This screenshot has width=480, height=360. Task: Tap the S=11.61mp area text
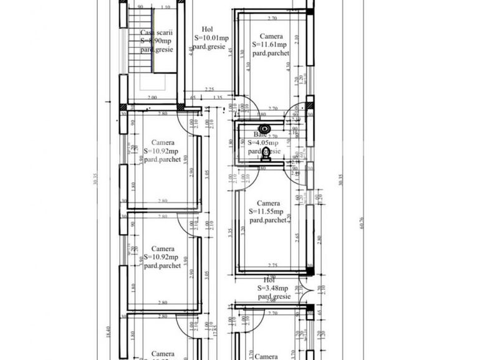269,45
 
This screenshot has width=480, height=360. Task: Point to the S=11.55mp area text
269,212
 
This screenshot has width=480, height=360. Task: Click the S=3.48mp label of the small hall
272,288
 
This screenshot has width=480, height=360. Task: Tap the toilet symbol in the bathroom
266,154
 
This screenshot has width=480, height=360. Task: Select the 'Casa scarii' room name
156,33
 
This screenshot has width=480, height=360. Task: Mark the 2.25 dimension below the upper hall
209,90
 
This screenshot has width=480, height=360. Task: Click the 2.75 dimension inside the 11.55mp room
272,265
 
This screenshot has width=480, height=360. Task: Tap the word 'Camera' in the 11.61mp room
271,36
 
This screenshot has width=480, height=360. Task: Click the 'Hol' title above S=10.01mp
207,29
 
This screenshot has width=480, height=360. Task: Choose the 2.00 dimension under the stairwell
151,98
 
